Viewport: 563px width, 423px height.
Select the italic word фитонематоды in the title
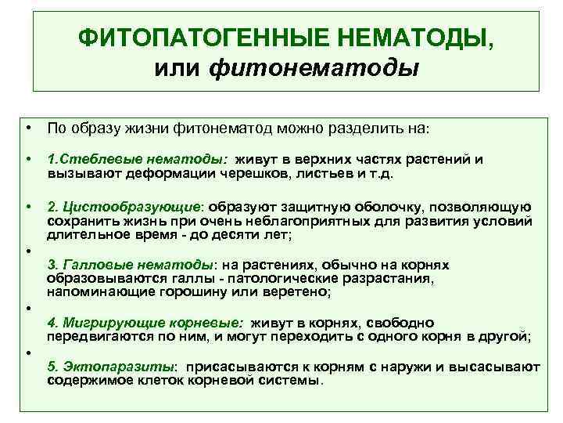pyautogui.click(x=314, y=68)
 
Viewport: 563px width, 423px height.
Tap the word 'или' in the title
pyautogui.click(x=180, y=68)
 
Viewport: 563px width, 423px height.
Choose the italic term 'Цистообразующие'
pyautogui.click(x=132, y=207)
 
